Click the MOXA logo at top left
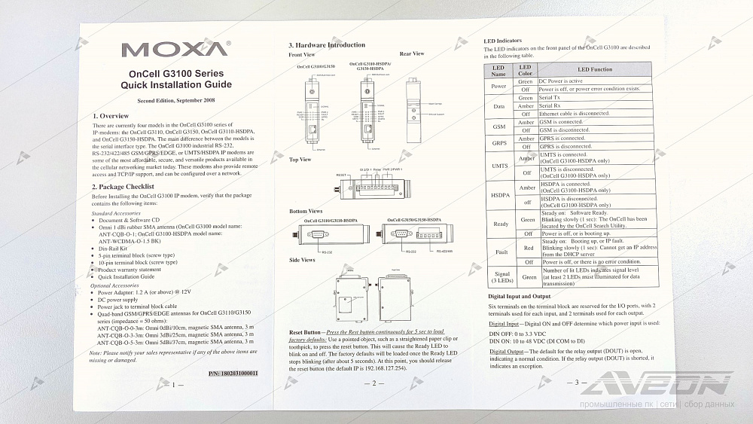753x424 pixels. pyautogui.click(x=175, y=50)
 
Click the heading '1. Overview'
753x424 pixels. pyautogui.click(x=110, y=115)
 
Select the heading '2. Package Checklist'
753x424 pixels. pyautogui.click(x=123, y=186)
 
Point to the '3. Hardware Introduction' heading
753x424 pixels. pyautogui.click(x=327, y=45)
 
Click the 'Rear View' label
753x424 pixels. pyautogui.click(x=412, y=54)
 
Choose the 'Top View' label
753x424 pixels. pyautogui.click(x=300, y=160)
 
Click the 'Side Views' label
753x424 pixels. pyautogui.click(x=302, y=260)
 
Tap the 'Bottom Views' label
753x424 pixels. pyautogui.click(x=306, y=211)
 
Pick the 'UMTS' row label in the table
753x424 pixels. pyautogui.click(x=499, y=165)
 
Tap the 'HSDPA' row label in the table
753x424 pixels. pyautogui.click(x=499, y=194)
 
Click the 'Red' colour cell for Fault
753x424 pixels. pyautogui.click(x=528, y=247)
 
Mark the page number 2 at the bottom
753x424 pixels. pyautogui.click(x=369, y=383)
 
